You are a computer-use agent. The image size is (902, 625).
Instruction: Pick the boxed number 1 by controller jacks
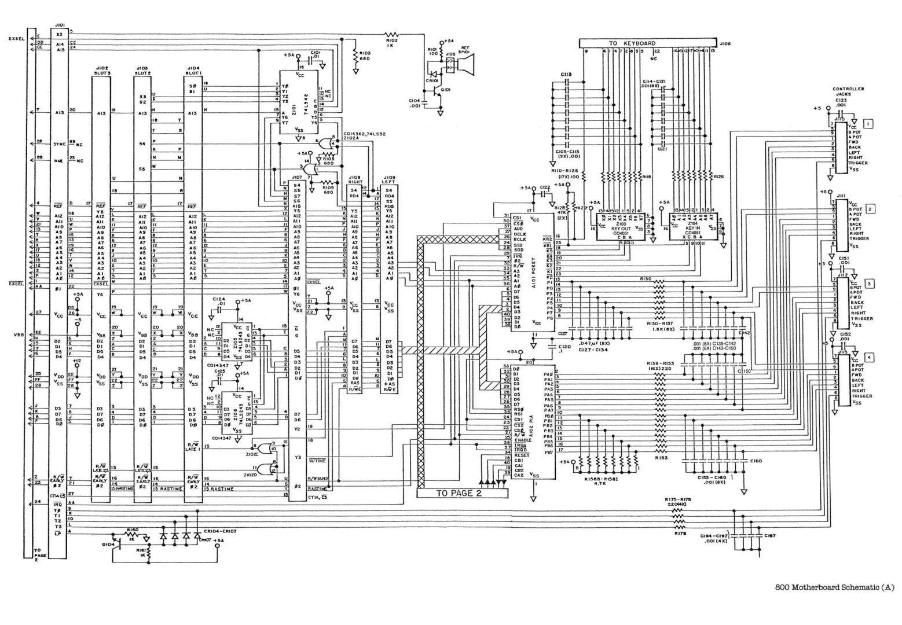[x=868, y=123]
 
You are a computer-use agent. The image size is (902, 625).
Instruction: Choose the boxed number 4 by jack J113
[x=869, y=357]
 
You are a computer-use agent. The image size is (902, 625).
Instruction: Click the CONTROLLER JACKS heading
[x=848, y=92]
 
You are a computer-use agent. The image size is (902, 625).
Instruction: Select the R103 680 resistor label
[x=364, y=57]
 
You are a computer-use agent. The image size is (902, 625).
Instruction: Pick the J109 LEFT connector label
[x=390, y=181]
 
